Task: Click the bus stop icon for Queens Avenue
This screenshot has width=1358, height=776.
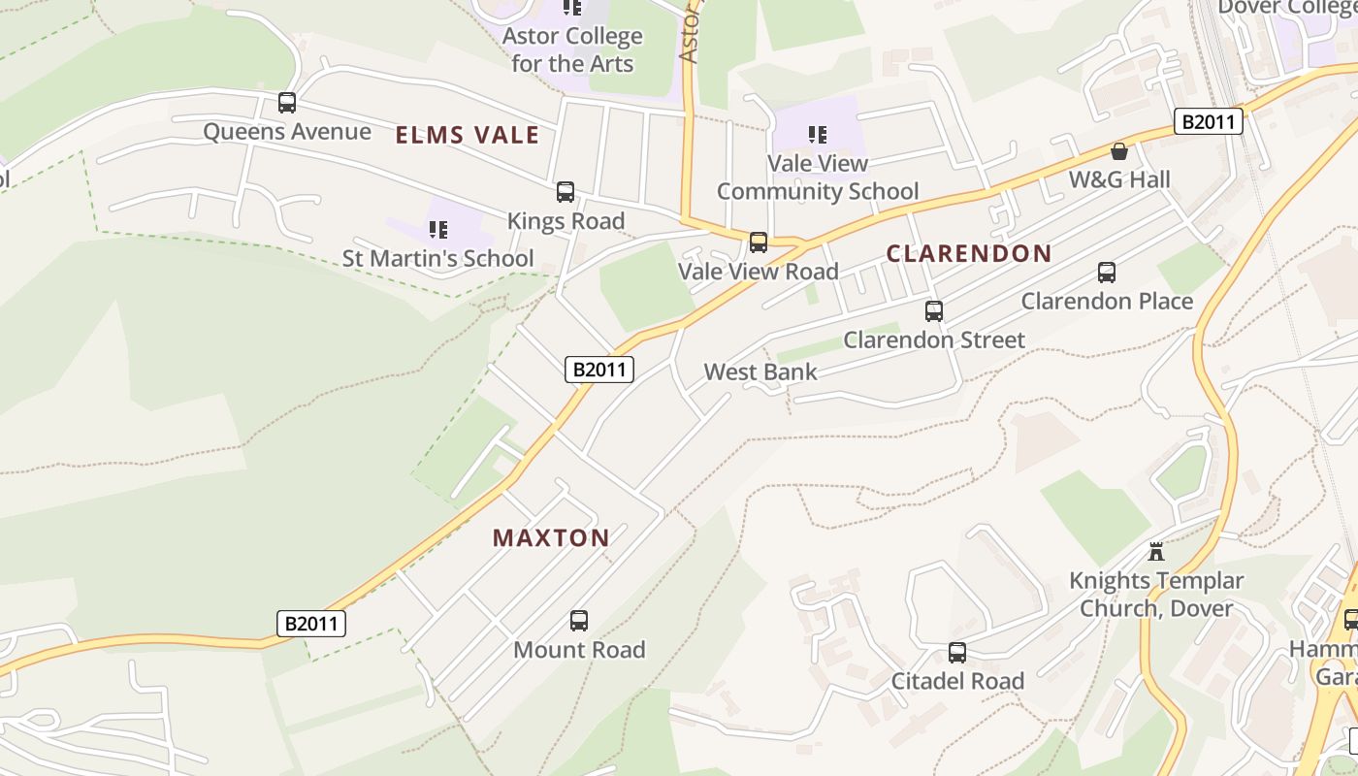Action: coord(286,102)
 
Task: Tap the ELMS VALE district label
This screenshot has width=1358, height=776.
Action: coord(467,135)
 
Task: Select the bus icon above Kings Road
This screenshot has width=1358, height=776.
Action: coord(566,192)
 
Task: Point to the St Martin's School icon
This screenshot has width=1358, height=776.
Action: coord(438,230)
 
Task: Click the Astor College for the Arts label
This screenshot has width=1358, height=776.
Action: coord(572,50)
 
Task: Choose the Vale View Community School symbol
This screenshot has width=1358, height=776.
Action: coord(818,135)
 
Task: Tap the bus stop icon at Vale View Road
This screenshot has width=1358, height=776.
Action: coord(759,242)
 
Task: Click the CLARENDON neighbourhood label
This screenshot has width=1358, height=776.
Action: coord(969,254)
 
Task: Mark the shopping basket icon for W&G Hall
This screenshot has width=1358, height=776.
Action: coord(1119,151)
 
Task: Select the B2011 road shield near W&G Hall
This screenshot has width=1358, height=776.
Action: coord(1209,121)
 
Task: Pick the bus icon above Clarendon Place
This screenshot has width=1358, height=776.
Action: coord(1107,273)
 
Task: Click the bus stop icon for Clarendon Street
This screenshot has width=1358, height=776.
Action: coord(934,311)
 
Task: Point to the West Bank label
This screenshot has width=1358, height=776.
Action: coord(760,372)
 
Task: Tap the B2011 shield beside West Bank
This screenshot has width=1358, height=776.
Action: coord(599,370)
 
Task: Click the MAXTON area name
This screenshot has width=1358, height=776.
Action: coord(551,537)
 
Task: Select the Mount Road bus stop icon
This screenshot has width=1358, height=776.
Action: coord(579,621)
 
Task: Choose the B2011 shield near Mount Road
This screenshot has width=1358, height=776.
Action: coord(311,624)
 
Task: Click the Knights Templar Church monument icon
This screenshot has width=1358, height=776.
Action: coord(1155,552)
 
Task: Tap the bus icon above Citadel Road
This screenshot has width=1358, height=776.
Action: coord(957,653)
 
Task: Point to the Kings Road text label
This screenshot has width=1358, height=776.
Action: coord(566,221)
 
